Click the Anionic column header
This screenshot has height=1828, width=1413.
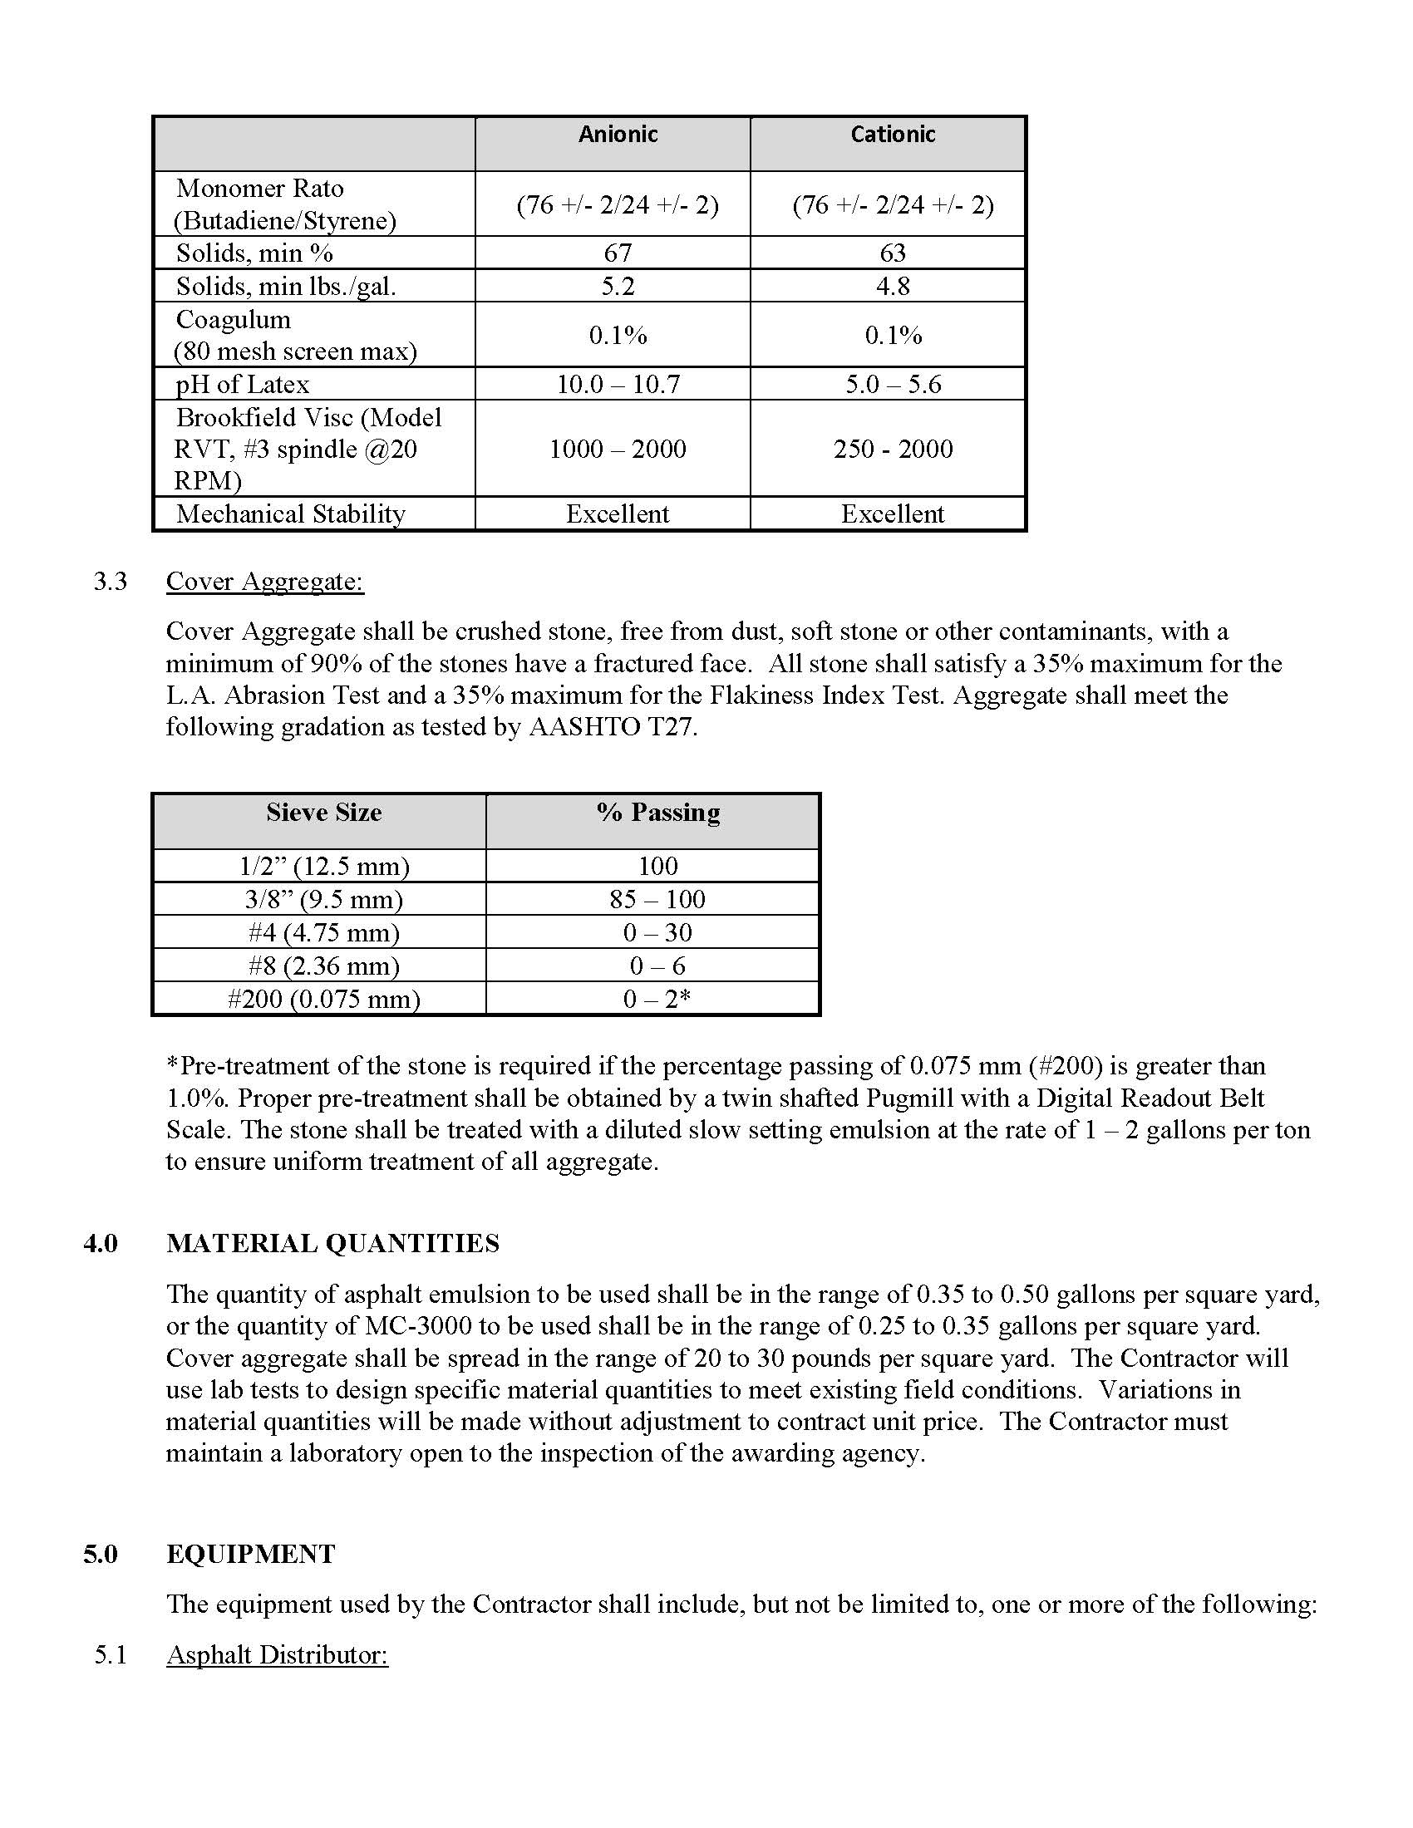point(618,135)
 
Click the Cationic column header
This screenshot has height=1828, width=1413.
point(893,135)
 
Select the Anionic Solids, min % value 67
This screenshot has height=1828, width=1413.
point(618,253)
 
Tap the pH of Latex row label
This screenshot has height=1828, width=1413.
point(243,384)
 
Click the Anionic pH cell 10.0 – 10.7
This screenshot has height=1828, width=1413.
point(618,384)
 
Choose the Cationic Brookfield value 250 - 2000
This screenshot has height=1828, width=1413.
point(893,449)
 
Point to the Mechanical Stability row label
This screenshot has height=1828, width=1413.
point(290,514)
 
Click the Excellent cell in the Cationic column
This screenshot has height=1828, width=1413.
point(893,514)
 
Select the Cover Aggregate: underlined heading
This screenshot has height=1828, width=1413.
point(264,581)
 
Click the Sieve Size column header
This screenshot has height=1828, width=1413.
point(324,813)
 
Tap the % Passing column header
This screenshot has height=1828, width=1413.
point(658,813)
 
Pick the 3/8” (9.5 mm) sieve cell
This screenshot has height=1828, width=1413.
point(324,899)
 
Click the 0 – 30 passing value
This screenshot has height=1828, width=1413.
point(658,932)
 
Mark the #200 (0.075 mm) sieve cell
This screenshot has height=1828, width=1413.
point(324,999)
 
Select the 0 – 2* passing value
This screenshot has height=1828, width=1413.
point(658,999)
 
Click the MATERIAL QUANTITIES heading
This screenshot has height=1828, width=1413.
point(332,1244)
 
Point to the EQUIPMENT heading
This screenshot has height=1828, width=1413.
point(250,1555)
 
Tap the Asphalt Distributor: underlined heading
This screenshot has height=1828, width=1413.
point(277,1654)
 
